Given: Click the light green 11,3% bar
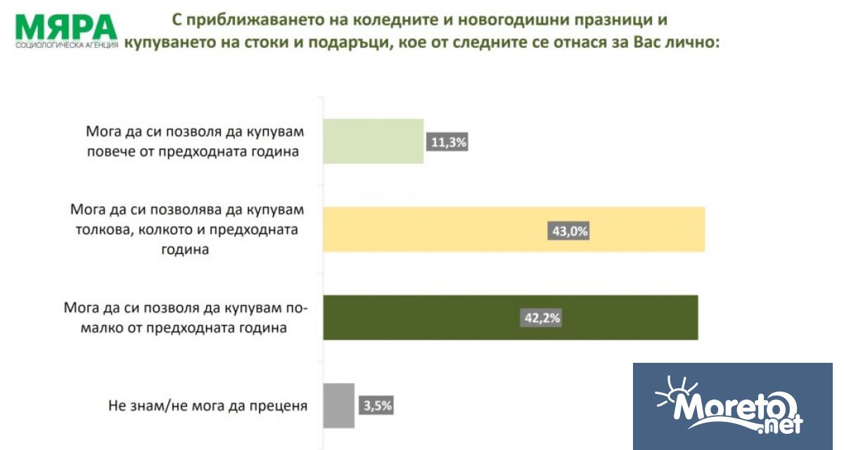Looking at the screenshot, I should pos(373,141).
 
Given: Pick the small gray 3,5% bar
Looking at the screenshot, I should pos(338,406).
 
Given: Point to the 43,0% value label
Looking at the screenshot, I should pos(568,230).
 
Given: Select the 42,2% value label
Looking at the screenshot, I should pos(542,319).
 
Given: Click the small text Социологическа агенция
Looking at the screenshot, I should pos(67,46).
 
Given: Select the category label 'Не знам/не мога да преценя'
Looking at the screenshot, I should pos(208,406).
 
